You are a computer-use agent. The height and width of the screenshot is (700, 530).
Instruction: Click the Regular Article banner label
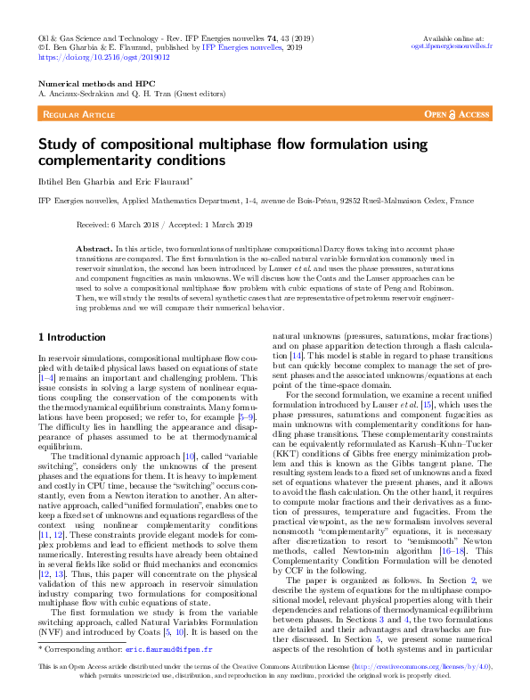coord(77,115)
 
